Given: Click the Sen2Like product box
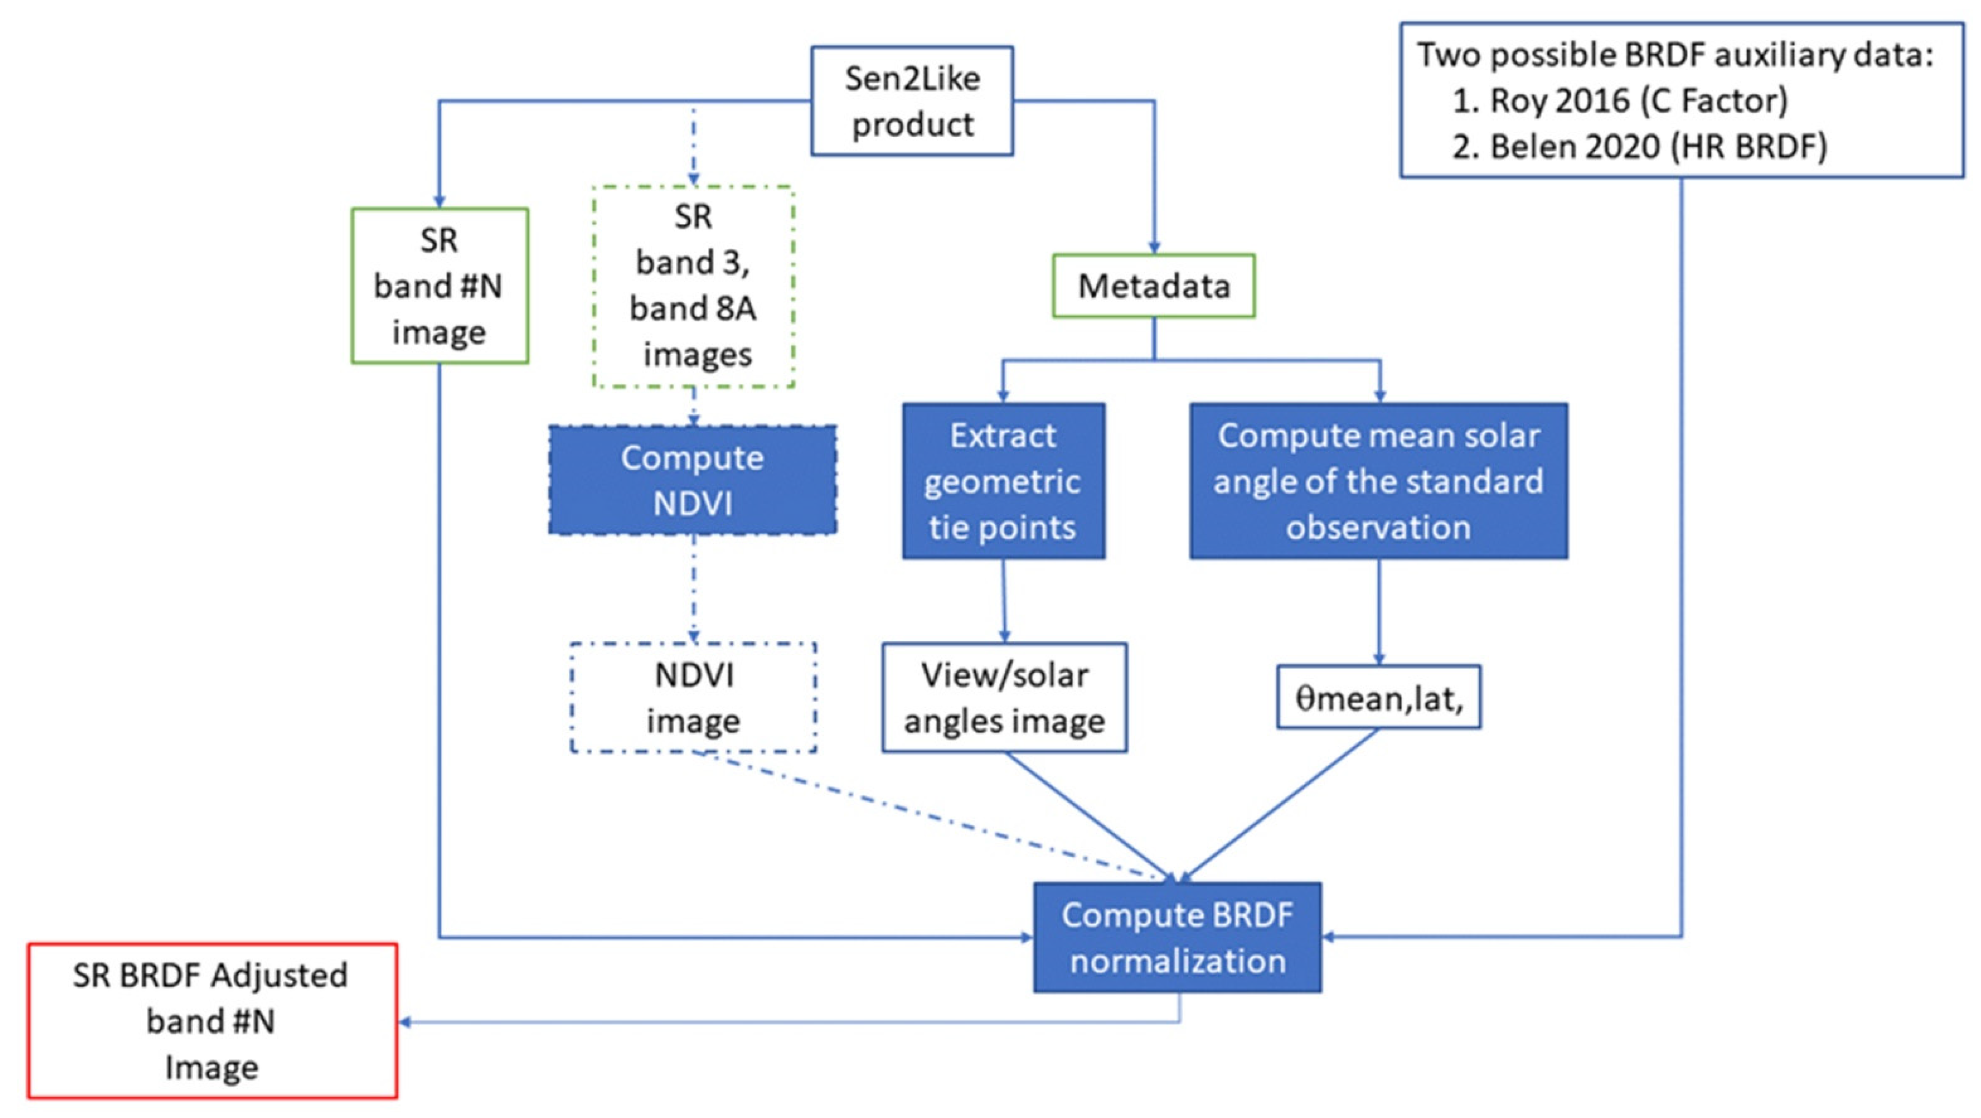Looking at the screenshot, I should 912,101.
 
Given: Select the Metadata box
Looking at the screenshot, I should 1154,286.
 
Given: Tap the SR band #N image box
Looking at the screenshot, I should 439,285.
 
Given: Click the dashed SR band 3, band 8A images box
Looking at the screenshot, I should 693,286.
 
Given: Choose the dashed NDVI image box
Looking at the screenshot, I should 693,698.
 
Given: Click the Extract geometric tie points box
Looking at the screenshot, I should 1003,481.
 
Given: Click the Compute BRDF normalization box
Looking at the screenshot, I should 1177,937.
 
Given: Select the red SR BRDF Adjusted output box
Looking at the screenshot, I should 212,1021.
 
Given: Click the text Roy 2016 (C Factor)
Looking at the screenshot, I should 1638,101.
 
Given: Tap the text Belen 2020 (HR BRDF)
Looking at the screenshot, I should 1657,146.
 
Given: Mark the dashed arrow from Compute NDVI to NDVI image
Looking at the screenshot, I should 693,589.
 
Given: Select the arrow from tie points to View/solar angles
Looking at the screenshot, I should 1003,600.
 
